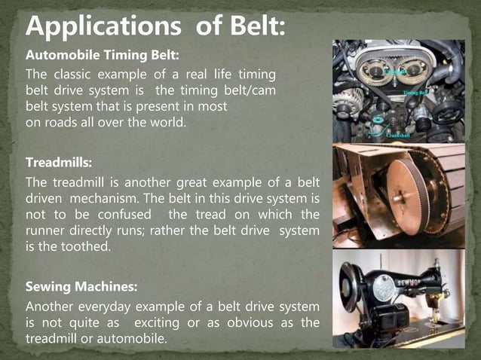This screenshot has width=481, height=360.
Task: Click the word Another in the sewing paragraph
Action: point(51,307)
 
